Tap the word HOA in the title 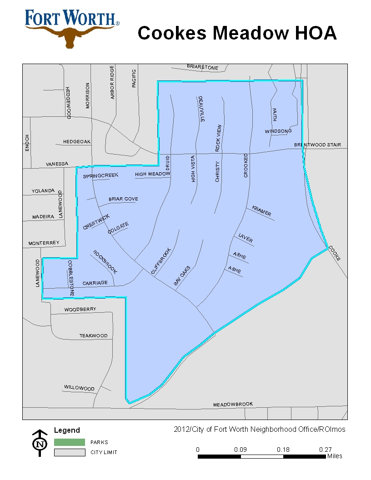(314, 33)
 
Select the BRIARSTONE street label (203, 67)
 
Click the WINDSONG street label (278, 131)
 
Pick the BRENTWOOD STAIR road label (317, 145)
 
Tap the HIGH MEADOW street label (152, 174)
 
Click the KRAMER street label (261, 211)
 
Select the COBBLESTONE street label (71, 278)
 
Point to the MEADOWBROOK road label (233, 404)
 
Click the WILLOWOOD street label (79, 388)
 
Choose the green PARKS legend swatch (70, 442)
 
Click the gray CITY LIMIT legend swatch (70, 452)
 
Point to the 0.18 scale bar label (283, 450)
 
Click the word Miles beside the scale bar (335, 456)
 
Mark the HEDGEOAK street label (77, 142)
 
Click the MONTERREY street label (44, 243)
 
